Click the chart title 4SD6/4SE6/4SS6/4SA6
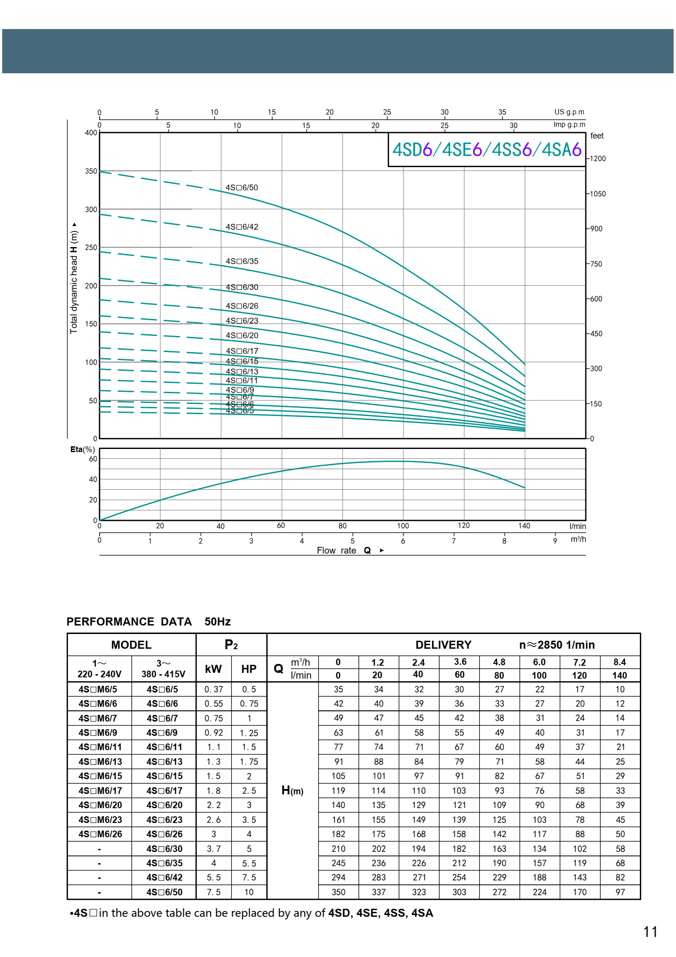click(487, 150)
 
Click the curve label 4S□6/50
click(242, 188)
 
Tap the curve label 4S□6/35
click(242, 261)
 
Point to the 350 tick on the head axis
click(91, 171)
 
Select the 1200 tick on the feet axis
click(598, 159)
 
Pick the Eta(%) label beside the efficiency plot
click(82, 449)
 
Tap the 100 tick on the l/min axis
click(403, 526)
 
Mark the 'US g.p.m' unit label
click(569, 112)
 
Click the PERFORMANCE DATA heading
click(129, 621)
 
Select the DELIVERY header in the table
click(443, 645)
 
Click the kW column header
click(213, 669)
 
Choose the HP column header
click(249, 669)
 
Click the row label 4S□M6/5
click(98, 689)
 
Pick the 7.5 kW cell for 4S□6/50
click(214, 892)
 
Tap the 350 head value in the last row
click(338, 892)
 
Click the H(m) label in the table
click(292, 790)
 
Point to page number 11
click(650, 932)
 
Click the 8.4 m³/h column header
click(620, 662)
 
